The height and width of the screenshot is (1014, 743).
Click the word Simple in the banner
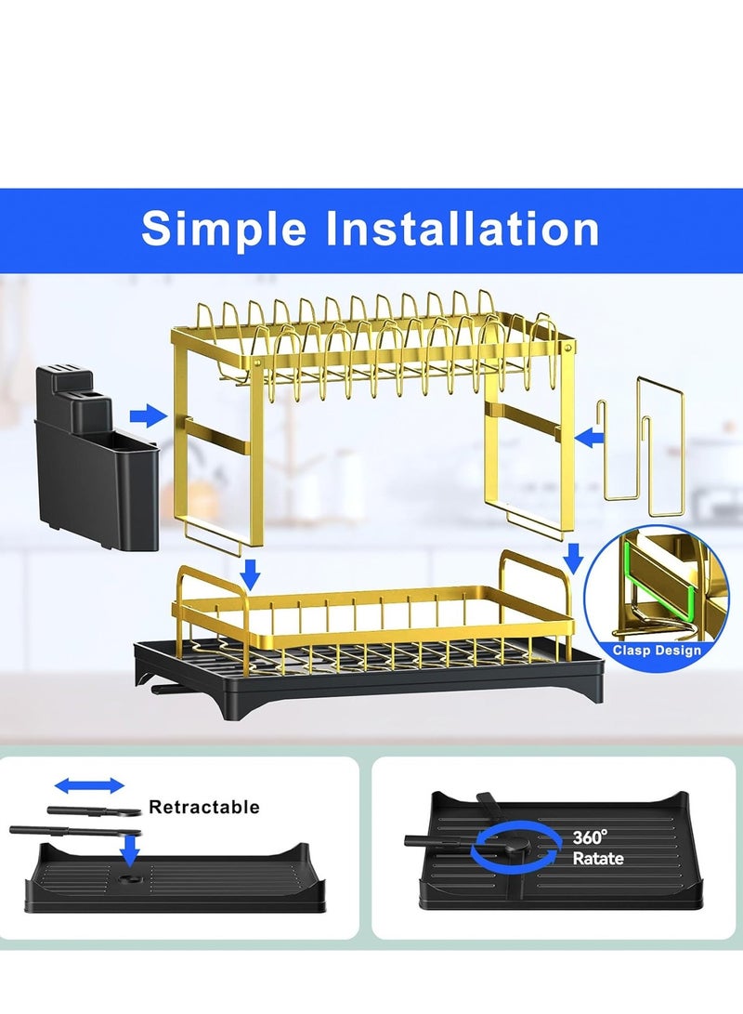coord(224,229)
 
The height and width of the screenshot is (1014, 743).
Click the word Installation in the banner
coord(463,228)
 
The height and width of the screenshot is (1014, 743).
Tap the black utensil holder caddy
coord(97,456)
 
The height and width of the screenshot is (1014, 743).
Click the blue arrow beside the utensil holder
coord(148,415)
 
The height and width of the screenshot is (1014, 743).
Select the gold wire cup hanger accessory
coord(644,447)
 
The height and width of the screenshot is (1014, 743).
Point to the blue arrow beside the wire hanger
coord(589,438)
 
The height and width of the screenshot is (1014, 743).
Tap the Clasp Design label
coord(657,650)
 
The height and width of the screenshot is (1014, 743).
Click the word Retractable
coord(204,807)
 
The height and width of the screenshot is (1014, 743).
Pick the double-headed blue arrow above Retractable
coord(89,785)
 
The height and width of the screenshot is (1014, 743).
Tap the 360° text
coord(590,837)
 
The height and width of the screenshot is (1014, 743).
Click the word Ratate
coord(598,858)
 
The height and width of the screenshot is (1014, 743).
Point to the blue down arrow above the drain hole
coord(131,849)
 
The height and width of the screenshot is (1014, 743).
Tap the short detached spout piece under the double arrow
coord(95,810)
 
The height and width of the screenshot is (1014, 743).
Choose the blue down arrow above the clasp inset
coord(573,558)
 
